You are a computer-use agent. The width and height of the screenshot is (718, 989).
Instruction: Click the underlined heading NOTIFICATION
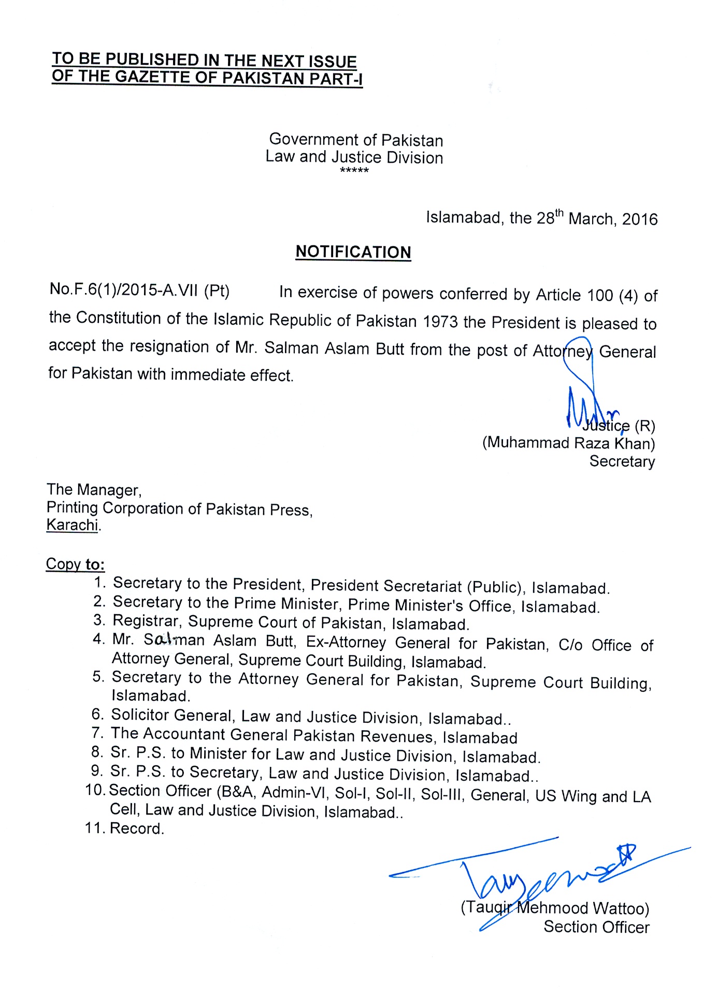coord(353,252)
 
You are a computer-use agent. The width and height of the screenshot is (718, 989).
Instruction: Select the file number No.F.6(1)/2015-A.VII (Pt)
coord(139,290)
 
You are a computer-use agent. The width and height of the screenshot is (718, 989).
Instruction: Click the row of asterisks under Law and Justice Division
coord(354,170)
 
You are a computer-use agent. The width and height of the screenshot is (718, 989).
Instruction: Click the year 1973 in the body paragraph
coord(440,322)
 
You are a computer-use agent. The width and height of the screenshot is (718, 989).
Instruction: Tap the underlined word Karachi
coord(72,525)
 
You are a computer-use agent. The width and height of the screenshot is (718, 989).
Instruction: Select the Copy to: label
coord(75,564)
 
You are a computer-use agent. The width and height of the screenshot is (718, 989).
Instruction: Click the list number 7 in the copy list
coord(97,733)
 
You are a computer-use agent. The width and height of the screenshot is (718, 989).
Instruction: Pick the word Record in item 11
coord(136,828)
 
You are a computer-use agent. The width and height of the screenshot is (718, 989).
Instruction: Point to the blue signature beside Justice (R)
coord(585,394)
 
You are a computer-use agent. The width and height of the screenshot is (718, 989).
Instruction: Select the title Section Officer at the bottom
coord(596,927)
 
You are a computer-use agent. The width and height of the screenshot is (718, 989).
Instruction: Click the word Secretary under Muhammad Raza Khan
coord(622,461)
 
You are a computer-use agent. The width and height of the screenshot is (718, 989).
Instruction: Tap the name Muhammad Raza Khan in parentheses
coord(568,443)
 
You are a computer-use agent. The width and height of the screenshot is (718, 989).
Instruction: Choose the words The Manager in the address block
coord(94,489)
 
